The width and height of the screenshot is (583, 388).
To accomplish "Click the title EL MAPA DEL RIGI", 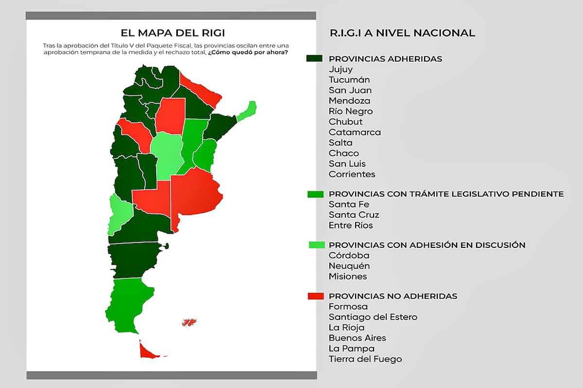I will [x=173, y=33].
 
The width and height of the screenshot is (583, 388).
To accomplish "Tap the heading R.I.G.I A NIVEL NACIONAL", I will [x=395, y=33].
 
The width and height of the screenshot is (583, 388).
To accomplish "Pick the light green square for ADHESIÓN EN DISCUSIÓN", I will [x=316, y=245].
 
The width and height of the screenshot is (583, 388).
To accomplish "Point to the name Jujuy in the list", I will [x=341, y=69].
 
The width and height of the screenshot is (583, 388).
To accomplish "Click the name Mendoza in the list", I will [x=349, y=101].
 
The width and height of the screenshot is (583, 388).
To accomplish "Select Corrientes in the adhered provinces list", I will [x=352, y=174].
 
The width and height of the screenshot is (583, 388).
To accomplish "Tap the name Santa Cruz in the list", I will [x=354, y=215].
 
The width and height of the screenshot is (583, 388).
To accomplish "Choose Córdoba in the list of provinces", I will [x=349, y=256].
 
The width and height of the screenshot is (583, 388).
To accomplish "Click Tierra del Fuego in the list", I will [x=365, y=359].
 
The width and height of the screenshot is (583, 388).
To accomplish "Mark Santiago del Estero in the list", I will [x=373, y=317].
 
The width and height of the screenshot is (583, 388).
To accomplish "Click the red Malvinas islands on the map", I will [x=189, y=322].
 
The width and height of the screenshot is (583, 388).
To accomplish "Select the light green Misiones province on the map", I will [x=247, y=112].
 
